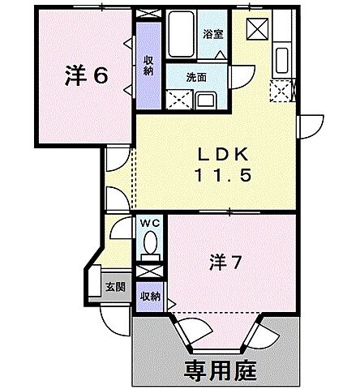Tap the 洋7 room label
click(226, 263)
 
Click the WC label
click(150, 222)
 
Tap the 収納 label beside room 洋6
click(149, 66)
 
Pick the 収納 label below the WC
click(150, 296)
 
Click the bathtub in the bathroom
click(179, 35)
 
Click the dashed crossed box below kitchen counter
click(281, 91)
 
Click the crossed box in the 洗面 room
click(176, 100)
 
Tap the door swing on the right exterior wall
click(309, 126)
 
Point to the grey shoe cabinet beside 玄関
click(95, 284)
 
